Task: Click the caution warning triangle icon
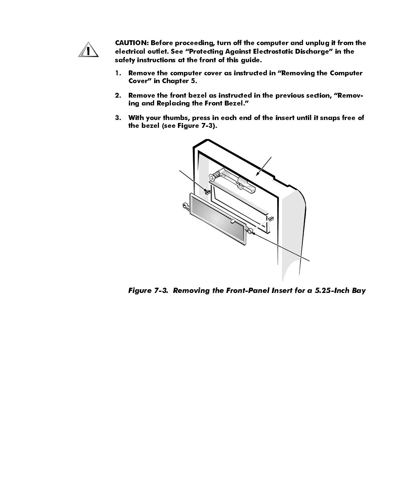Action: coord(88,50)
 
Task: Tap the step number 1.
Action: coord(118,73)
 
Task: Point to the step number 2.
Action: coord(118,95)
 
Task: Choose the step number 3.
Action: coord(118,118)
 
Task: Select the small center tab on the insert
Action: coord(233,221)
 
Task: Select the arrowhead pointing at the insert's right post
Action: coord(255,234)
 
